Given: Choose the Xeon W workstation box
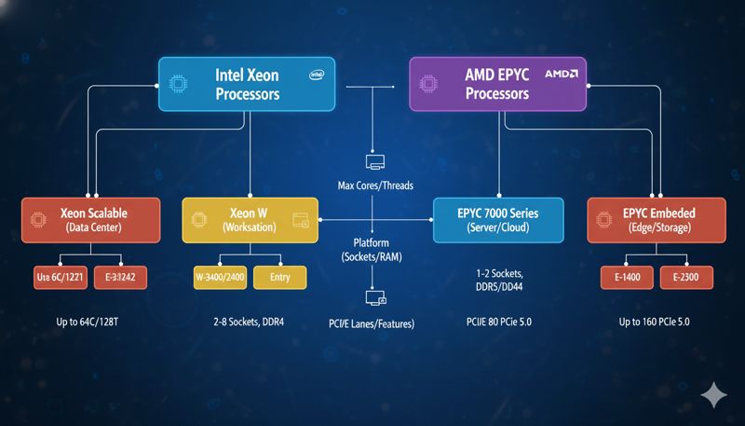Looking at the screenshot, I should [250, 220].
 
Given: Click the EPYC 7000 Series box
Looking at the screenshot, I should [498, 220].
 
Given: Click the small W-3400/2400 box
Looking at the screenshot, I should [220, 277].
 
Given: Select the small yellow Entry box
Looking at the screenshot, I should [279, 277].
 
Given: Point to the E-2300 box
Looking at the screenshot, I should [687, 277].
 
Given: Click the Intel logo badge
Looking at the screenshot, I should [317, 73].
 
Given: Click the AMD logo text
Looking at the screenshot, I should [562, 73].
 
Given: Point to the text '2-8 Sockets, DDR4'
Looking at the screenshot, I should [249, 322].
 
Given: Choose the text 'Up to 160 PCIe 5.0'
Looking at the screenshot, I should [657, 322].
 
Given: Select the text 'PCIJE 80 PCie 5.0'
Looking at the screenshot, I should [498, 322].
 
